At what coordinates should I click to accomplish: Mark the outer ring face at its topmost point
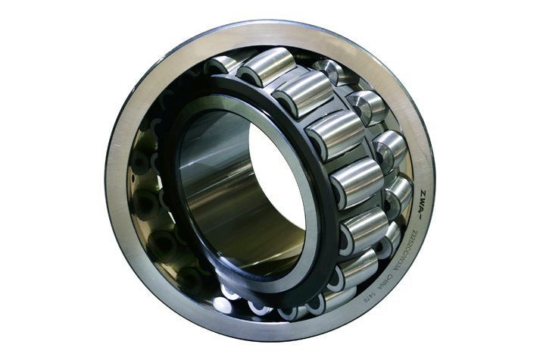(x=265, y=28)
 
